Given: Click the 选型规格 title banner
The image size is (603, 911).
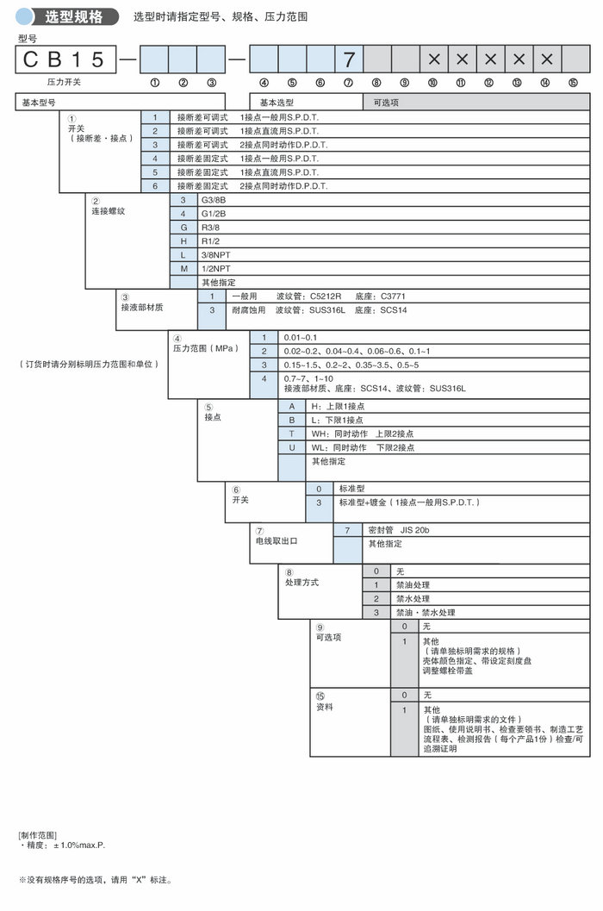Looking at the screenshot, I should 73,16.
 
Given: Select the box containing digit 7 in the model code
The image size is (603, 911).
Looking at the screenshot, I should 349,59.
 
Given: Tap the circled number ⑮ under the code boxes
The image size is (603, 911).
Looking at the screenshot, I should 573,83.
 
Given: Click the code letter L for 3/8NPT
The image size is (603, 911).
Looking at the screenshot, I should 183,255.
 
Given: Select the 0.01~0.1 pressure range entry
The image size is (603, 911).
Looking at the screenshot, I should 301,337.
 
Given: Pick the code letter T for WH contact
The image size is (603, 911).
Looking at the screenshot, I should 292,434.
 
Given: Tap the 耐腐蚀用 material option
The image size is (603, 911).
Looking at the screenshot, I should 247,309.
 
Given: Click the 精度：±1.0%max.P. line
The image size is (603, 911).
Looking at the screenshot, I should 62,845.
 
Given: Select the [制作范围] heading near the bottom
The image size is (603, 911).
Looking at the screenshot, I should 37,835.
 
